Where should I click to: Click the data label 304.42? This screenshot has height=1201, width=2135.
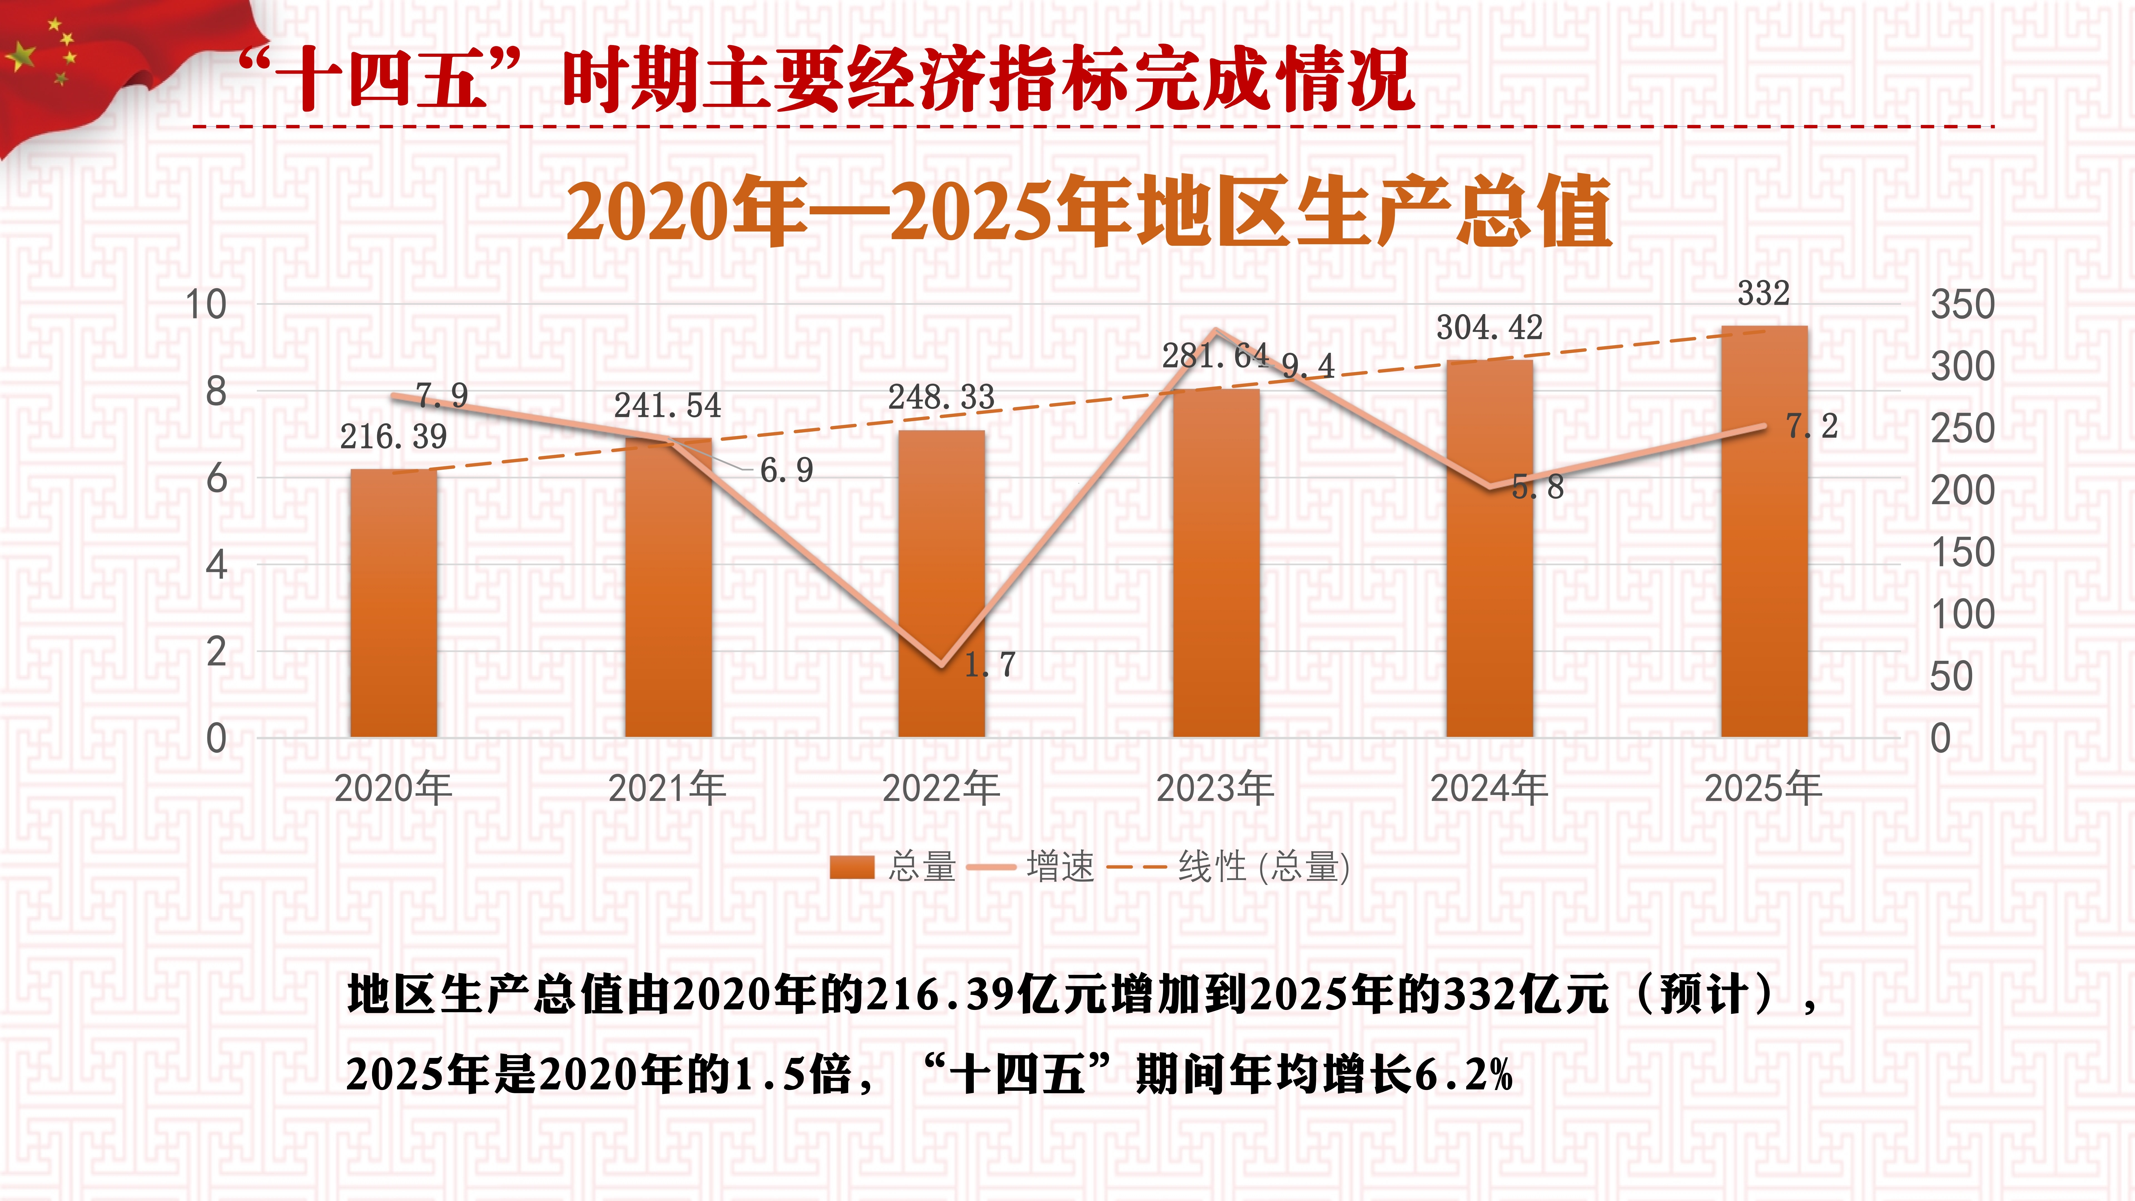tap(1489, 327)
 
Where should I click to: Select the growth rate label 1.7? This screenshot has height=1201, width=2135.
tap(990, 664)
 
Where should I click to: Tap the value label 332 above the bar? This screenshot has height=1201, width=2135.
tap(1764, 293)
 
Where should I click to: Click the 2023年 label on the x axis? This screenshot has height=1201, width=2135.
tap(1215, 787)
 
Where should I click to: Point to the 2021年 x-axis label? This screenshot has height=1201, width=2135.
tap(667, 787)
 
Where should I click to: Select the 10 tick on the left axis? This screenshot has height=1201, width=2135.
tap(205, 304)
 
